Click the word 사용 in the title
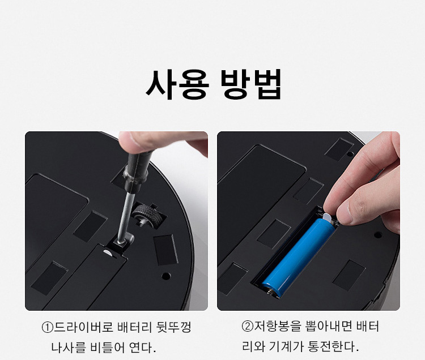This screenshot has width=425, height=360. point(177,84)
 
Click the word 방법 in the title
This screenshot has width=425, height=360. point(250,84)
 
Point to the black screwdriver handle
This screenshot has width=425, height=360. point(137,170)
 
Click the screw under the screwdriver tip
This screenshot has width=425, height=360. point(120,241)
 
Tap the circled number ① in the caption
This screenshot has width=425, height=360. point(47,328)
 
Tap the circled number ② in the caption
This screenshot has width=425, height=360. point(247,327)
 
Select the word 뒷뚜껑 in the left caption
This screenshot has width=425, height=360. point(174,327)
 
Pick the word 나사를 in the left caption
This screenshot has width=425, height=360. point(69,348)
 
